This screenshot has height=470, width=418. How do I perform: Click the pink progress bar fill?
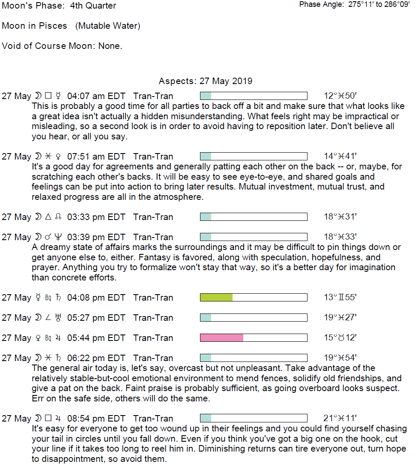221,338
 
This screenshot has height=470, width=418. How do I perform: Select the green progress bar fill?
216,298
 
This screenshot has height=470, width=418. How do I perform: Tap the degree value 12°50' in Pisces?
340,96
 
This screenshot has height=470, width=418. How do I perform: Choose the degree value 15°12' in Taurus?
340,338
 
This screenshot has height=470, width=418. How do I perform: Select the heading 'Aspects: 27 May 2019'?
206,81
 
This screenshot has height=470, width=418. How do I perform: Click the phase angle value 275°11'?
361,5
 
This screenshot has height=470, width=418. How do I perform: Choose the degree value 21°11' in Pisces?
340,419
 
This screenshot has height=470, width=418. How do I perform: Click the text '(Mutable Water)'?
108,26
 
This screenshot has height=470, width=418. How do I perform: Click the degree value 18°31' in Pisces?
340,217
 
